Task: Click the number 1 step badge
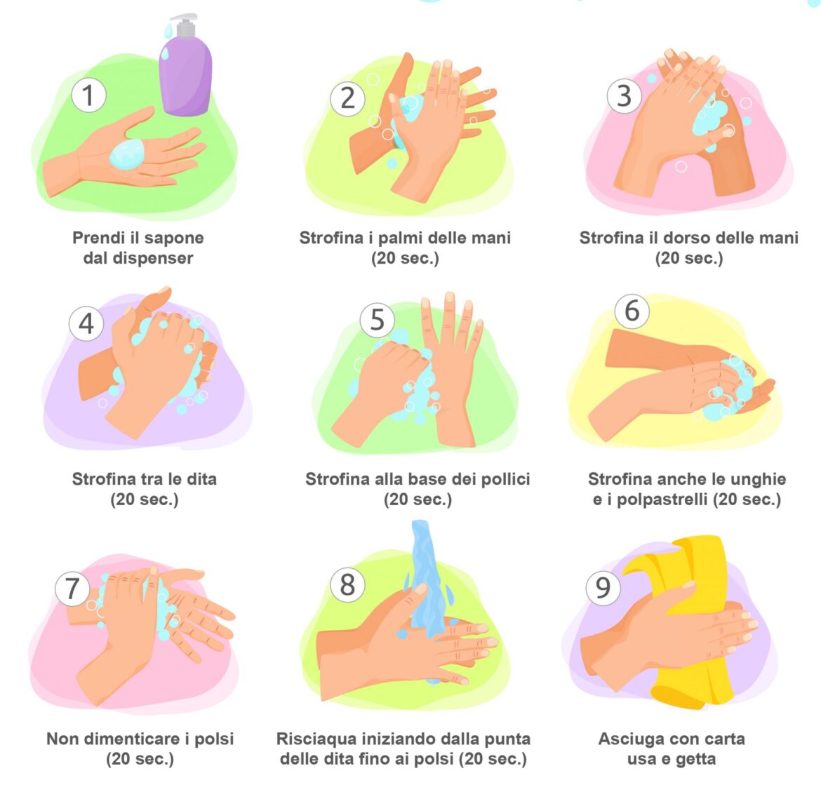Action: pyautogui.click(x=88, y=95)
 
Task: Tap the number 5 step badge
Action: pyautogui.click(x=377, y=319)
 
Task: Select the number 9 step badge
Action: pyautogui.click(x=603, y=589)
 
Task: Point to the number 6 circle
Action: pyautogui.click(x=632, y=311)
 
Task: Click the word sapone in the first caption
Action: pyautogui.click(x=174, y=238)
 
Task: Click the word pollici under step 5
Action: pyautogui.click(x=505, y=479)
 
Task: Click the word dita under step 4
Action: pyautogui.click(x=201, y=479)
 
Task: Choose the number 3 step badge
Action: pyautogui.click(x=624, y=96)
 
